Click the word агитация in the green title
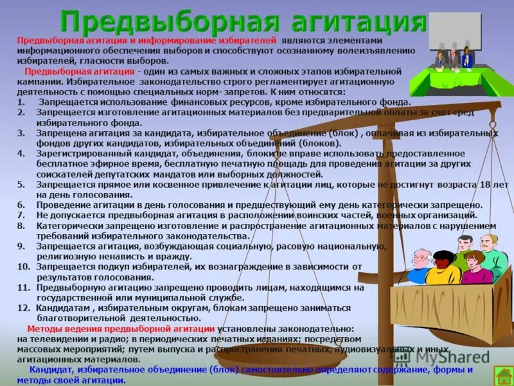point(352,22)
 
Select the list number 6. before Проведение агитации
point(21,205)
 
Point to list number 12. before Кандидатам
point(24,308)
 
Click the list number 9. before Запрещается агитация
point(21,246)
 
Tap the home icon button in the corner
point(502,375)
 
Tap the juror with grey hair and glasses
point(420,264)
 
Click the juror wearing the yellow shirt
point(443,268)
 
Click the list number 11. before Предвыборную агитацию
point(24,288)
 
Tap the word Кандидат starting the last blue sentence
point(52,370)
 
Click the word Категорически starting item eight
point(67,226)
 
